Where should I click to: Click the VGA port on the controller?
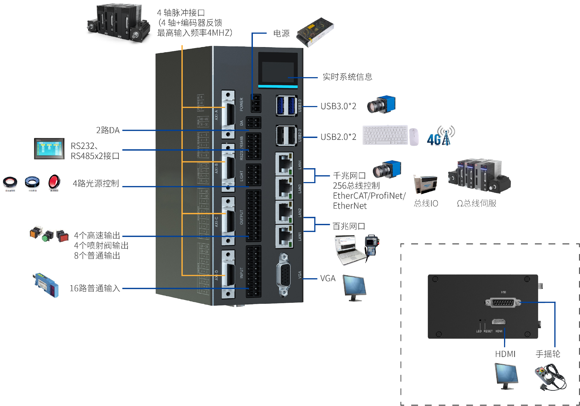click(284, 275)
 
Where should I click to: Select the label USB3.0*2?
click(338, 106)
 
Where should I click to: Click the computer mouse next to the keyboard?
click(414, 137)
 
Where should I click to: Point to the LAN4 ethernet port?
click(284, 164)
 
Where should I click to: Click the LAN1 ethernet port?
click(284, 236)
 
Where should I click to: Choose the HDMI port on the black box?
click(498, 322)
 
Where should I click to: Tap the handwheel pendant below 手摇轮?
click(550, 377)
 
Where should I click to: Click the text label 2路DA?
click(108, 130)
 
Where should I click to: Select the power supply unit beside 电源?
click(315, 32)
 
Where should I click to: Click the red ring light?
click(54, 182)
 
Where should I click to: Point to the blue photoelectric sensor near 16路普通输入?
click(46, 285)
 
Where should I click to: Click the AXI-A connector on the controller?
click(228, 114)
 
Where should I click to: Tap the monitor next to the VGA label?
click(354, 288)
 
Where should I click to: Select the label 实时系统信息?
click(347, 77)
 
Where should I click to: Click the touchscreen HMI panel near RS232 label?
click(49, 149)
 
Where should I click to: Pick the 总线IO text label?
click(426, 203)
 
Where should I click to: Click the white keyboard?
click(385, 135)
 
